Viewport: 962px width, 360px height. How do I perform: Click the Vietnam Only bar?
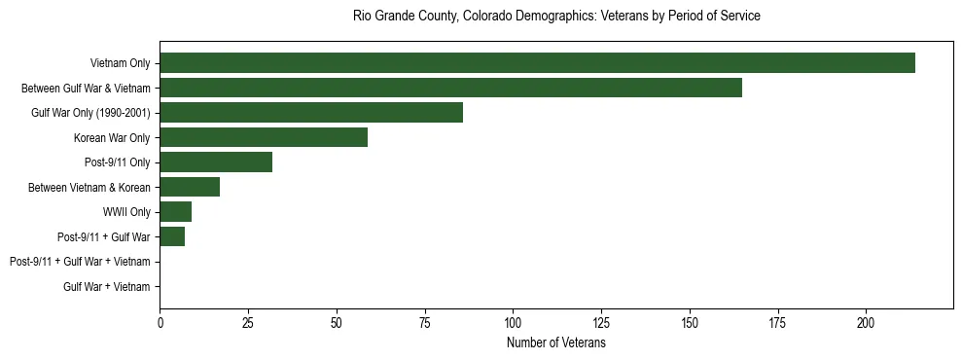pyautogui.click(x=537, y=63)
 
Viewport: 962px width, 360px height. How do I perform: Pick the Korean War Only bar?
pyautogui.click(x=264, y=137)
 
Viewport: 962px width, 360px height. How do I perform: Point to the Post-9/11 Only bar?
pyautogui.click(x=216, y=162)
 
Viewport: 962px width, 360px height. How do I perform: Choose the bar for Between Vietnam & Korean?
pyautogui.click(x=190, y=187)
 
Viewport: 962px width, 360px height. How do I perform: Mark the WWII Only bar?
pyautogui.click(x=176, y=212)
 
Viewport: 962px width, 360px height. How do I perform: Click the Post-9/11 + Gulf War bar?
pyautogui.click(x=172, y=236)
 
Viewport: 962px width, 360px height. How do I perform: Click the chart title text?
pyautogui.click(x=556, y=17)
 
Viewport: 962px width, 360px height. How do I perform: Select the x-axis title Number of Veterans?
pyautogui.click(x=556, y=343)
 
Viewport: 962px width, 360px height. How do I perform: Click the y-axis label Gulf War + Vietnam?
pyautogui.click(x=107, y=287)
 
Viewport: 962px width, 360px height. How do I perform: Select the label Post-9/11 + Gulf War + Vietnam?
pyautogui.click(x=80, y=262)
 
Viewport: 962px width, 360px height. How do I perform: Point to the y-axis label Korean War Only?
pyautogui.click(x=112, y=137)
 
